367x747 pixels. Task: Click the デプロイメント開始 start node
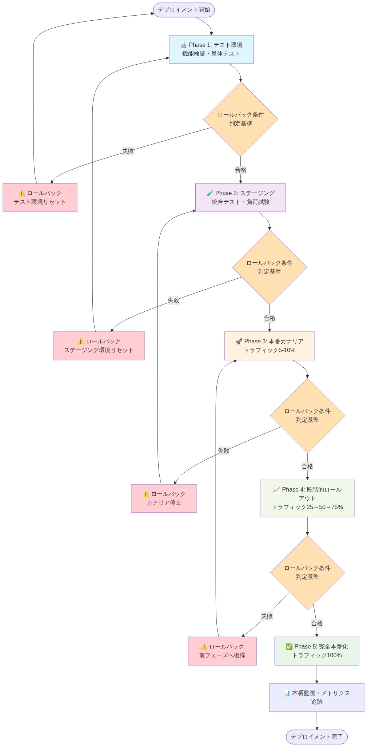point(184,10)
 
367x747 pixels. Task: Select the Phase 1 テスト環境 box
point(211,49)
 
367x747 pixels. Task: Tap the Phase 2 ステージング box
point(240,198)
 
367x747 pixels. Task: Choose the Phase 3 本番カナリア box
point(269,346)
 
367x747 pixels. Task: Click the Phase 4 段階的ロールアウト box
point(307,498)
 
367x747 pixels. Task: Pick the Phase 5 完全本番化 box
point(316,651)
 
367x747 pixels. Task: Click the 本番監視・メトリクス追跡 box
point(316,697)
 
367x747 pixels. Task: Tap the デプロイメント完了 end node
point(316,736)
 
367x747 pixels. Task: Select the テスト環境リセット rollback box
point(40,198)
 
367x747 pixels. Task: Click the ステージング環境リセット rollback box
point(99,346)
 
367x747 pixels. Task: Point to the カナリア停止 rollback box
point(164,498)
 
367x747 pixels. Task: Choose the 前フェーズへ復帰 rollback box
point(222,651)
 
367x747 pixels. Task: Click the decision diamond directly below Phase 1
point(240,119)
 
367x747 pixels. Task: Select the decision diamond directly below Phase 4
point(307,572)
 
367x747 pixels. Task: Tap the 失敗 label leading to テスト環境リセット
point(128,151)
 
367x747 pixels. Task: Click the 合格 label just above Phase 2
point(240,170)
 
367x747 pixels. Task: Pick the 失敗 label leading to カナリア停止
point(223,451)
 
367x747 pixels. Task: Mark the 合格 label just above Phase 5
point(316,623)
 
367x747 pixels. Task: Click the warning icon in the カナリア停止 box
point(146,494)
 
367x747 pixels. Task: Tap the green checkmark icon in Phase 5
point(289,646)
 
